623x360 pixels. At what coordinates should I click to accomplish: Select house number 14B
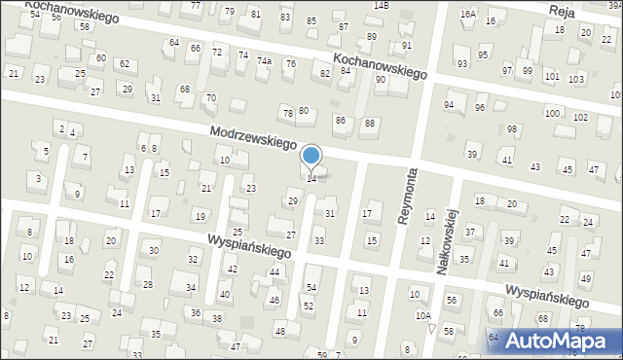click(x=381, y=5)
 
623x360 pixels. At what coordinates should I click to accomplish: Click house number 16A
click(x=468, y=14)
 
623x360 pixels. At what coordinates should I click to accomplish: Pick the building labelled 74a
click(x=264, y=60)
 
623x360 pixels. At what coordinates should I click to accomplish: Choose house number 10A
click(x=422, y=316)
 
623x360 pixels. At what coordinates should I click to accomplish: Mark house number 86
click(x=340, y=120)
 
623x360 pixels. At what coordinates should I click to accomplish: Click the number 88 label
click(x=369, y=123)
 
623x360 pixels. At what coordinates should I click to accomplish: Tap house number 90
click(x=381, y=79)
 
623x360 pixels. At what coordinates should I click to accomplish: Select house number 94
click(x=449, y=104)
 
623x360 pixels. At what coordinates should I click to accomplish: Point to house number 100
click(x=552, y=113)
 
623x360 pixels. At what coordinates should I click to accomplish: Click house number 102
click(x=580, y=117)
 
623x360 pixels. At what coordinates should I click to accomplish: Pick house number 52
click(x=309, y=306)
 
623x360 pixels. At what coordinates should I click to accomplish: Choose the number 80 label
click(x=304, y=110)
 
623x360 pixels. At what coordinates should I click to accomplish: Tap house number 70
click(x=210, y=97)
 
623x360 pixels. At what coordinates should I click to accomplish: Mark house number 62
click(x=124, y=63)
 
